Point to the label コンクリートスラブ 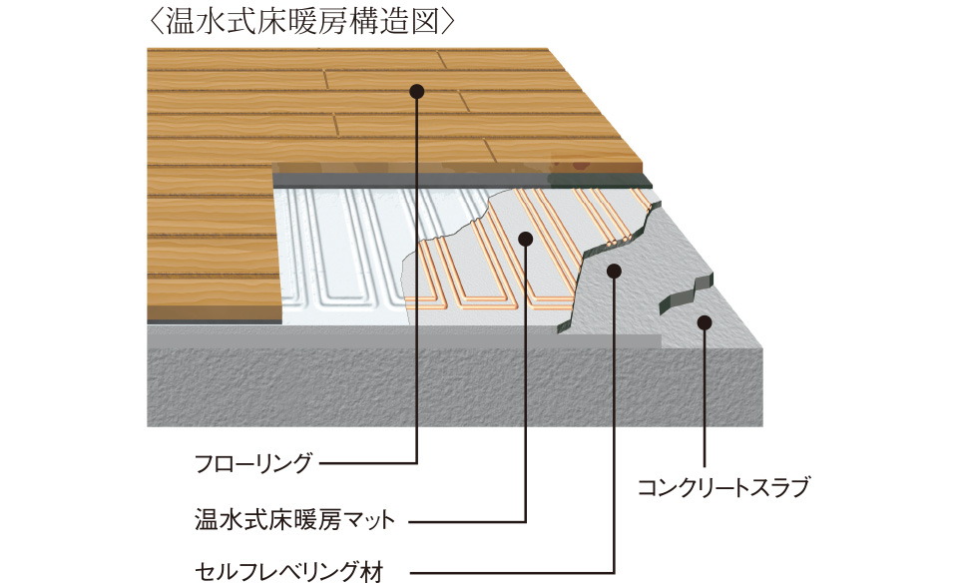tap(722, 489)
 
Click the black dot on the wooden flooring tap(416, 91)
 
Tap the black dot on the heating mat tap(526, 237)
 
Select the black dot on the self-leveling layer tap(614, 269)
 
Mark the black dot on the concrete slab tap(705, 322)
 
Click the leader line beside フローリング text tap(369, 464)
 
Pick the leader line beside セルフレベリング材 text tap(499, 572)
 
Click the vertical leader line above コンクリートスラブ tap(705, 399)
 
